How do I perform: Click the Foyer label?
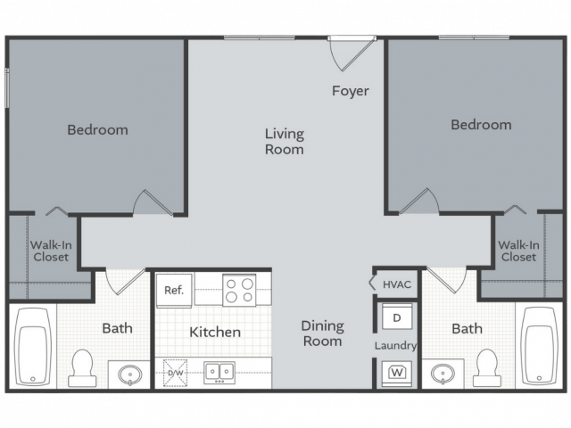coord(351,91)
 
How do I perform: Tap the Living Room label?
coord(285,142)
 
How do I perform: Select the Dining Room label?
coord(323,333)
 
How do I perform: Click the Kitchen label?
coord(215,332)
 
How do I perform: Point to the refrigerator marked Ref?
coord(174,290)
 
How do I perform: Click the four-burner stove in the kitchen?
coord(239,290)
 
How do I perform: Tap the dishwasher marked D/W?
coord(175,373)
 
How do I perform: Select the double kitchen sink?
coord(219,373)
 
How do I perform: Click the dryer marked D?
coord(397,317)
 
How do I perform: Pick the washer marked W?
coord(397,374)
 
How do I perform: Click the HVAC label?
coord(397,284)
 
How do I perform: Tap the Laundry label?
coord(395,345)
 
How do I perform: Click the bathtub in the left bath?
coord(33,347)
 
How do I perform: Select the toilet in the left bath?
coord(82,368)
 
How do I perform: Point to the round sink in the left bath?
coord(130,374)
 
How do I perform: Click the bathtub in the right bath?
coord(540,346)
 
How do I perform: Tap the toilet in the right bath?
coord(487,368)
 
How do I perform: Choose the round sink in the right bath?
coord(443,374)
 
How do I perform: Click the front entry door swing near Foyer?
coord(352,54)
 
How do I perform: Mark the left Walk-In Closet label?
coord(51,251)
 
